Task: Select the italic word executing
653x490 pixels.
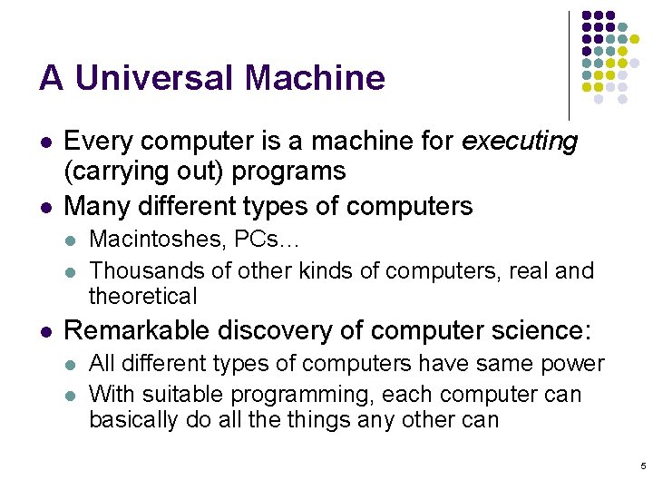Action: click(x=519, y=142)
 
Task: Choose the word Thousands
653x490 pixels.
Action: click(x=142, y=270)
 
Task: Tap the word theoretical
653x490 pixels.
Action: click(x=142, y=296)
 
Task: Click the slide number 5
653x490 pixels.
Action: click(x=643, y=466)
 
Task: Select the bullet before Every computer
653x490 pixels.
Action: click(x=44, y=142)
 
